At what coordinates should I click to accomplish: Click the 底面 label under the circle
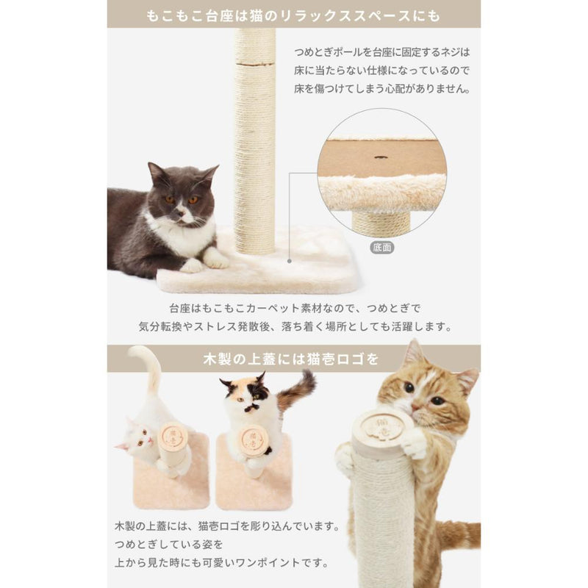381,248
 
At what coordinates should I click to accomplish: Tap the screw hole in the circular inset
381,157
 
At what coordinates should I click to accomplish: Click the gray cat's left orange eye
170,199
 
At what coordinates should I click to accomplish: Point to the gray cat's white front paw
215,258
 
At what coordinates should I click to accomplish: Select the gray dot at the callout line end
289,261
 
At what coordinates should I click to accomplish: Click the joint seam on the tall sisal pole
254,64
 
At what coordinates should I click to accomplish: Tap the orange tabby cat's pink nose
415,407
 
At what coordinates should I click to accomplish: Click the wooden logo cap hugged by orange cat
384,429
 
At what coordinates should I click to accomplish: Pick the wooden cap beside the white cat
173,437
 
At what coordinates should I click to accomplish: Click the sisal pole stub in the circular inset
381,223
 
